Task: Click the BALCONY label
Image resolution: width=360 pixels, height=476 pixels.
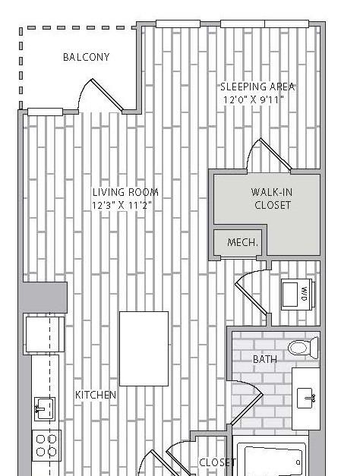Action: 86,57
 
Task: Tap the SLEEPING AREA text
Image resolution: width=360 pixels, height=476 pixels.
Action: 257,87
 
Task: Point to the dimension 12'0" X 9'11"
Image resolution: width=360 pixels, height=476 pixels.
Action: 254,99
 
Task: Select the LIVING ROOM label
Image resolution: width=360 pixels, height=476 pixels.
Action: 125,192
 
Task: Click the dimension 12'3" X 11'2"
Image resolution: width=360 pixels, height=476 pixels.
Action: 122,205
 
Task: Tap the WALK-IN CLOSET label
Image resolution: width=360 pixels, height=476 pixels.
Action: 272,199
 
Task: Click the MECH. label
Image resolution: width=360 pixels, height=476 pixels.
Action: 242,242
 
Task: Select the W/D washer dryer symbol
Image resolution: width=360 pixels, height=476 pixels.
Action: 298,294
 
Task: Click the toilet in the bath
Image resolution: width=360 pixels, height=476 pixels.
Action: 303,347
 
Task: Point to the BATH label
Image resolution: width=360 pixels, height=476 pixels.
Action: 265,359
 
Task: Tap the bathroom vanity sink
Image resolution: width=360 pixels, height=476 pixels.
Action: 305,398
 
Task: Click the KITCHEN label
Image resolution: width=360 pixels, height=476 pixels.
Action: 96,395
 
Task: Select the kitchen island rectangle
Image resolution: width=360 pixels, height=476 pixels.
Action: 144,348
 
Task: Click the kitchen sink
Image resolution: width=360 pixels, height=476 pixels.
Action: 45,409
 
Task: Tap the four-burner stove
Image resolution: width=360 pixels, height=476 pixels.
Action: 46,446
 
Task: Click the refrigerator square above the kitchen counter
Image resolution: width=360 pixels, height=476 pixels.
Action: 45,334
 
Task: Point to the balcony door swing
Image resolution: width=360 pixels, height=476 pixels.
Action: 100,95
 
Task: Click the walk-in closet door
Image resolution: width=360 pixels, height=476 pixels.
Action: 269,155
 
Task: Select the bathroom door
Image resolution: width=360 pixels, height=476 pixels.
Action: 245,402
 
